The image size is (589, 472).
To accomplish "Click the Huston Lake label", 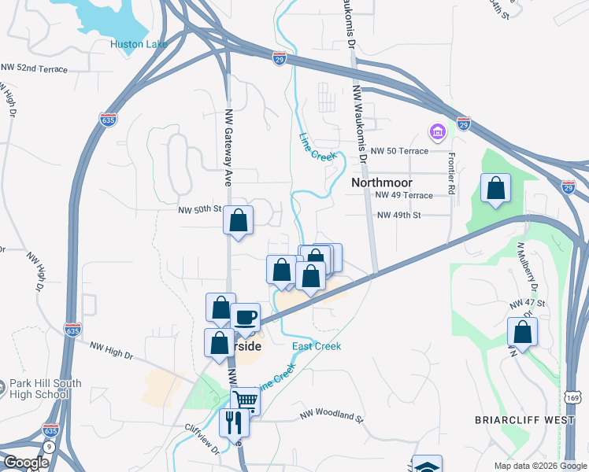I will tap(139, 44).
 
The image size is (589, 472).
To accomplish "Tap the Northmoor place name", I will tap(382, 182).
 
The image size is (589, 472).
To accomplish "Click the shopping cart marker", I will tap(246, 400).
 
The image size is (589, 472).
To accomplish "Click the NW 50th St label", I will tap(198, 210).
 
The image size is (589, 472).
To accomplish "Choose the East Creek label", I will tap(317, 346).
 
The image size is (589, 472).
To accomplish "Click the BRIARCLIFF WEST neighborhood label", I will tap(524, 420).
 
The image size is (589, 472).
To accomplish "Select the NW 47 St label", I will tap(527, 303).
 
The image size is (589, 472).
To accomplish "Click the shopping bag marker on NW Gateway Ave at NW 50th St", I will tap(238, 221).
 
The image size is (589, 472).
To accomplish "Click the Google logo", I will tap(25, 463).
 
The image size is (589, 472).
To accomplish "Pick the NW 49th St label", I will tap(399, 215).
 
